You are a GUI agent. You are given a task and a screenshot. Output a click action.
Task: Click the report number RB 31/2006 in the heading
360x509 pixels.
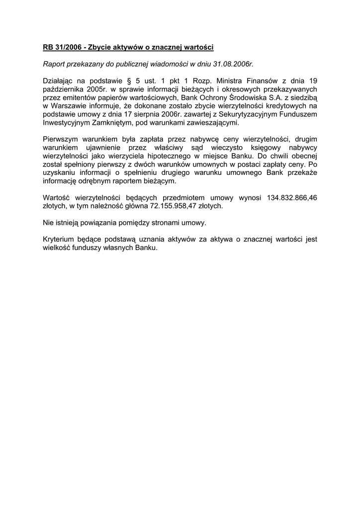62,47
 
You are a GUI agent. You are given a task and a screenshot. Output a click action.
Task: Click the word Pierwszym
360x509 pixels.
60,140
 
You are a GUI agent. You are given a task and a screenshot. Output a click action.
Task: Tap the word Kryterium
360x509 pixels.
59,240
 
